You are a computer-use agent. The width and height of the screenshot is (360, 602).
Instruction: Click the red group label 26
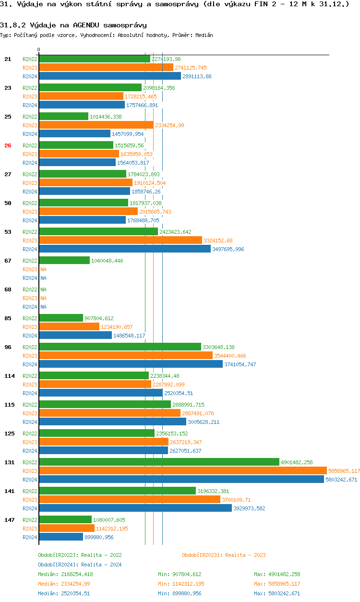[8, 145]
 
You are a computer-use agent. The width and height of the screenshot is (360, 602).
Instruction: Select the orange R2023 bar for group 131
[182, 471]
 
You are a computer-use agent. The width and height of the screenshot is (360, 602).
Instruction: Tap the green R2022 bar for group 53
[98, 232]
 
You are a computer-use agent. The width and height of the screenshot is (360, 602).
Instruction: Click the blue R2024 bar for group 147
[61, 537]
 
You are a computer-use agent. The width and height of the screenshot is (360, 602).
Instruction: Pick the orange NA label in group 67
[43, 269]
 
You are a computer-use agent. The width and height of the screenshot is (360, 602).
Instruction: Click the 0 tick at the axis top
[39, 50]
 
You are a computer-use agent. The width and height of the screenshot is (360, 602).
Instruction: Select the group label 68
[8, 289]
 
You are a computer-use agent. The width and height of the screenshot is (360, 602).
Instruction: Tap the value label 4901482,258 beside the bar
[297, 462]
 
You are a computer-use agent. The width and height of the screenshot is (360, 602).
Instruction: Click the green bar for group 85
[61, 318]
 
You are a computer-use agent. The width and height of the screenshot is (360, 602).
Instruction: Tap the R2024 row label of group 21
[30, 76]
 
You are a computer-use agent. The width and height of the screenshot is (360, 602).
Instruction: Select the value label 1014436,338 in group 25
[106, 117]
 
